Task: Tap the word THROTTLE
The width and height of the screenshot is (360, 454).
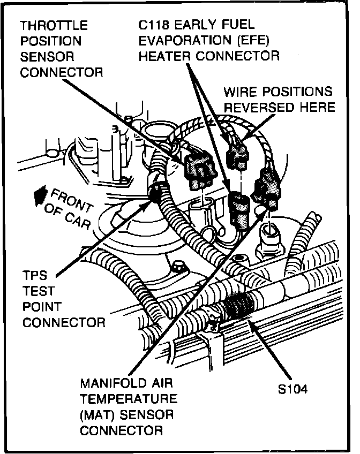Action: (54, 25)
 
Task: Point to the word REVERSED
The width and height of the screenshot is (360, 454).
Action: (257, 108)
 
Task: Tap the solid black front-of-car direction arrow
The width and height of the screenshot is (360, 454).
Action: (39, 196)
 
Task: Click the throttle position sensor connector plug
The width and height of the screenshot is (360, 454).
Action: (197, 170)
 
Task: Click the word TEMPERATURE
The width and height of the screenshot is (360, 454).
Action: (128, 399)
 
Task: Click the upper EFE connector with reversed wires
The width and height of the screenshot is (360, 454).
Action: (236, 152)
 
